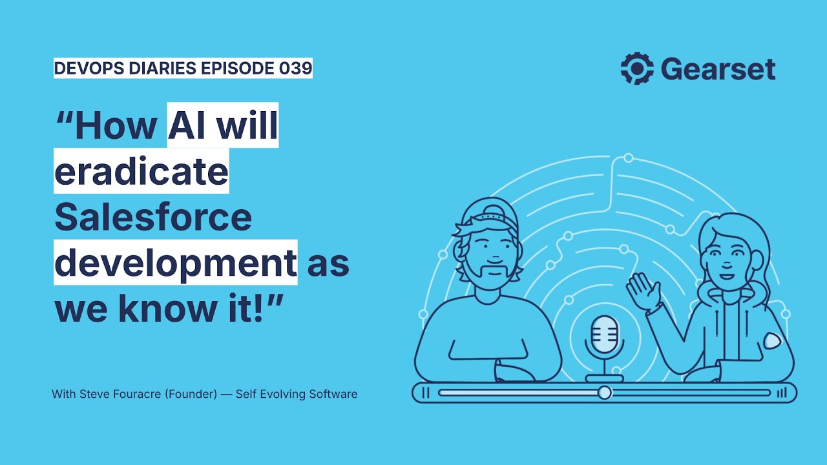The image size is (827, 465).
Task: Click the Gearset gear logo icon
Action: tap(637, 68)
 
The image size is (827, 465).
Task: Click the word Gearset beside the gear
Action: tap(718, 69)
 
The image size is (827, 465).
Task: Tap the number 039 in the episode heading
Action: tap(295, 68)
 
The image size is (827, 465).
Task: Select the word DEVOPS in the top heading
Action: tap(89, 68)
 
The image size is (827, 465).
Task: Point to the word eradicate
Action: tap(141, 171)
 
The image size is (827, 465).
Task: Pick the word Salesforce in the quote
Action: tap(153, 216)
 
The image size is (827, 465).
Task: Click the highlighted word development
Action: tap(176, 263)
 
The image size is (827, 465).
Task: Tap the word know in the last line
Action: tap(168, 308)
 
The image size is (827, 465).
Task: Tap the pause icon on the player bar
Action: tap(425, 393)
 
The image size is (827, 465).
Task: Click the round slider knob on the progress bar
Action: tap(604, 393)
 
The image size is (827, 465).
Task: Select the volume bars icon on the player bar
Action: tap(782, 393)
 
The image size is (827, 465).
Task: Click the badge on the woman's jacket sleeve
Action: tap(772, 340)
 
